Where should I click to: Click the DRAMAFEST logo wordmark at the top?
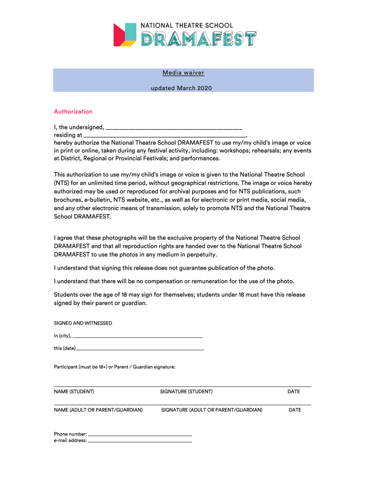[199, 39]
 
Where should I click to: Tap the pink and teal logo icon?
[125, 35]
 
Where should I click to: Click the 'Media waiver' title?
[183, 73]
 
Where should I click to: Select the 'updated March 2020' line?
[183, 88]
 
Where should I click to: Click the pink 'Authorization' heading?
[73, 112]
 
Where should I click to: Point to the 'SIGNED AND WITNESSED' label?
[83, 323]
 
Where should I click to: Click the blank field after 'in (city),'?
[138, 336]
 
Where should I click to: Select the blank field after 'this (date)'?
[139, 348]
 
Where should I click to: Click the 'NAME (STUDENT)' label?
[74, 392]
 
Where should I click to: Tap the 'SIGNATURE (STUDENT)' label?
[186, 392]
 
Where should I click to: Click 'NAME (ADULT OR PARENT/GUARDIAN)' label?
[98, 410]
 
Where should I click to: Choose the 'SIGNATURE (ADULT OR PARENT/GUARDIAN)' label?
[212, 410]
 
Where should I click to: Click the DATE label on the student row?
[294, 392]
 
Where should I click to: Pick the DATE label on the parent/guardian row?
[295, 410]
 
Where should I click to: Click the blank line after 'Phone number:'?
[140, 435]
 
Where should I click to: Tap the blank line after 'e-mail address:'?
[140, 441]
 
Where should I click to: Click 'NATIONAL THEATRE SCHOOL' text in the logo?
[186, 25]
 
